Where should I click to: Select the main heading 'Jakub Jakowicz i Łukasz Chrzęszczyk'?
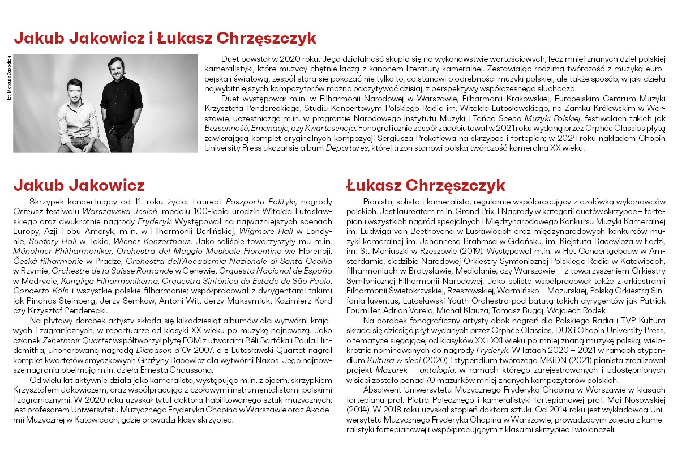(x=165, y=38)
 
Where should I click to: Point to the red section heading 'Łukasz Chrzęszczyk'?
(x=425, y=185)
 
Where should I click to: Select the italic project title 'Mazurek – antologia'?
(x=414, y=370)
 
